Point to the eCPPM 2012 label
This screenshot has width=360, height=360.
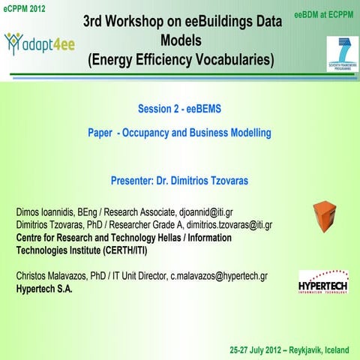25,8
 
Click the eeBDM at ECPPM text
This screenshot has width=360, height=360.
325,16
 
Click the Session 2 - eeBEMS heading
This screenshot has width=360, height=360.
180,109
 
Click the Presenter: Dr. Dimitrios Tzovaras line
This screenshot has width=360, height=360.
180,181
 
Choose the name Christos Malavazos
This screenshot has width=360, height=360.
57,275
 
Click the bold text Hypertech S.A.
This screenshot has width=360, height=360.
45,288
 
